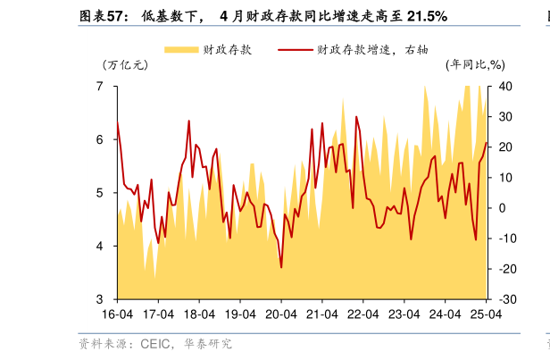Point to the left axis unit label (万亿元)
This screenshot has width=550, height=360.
125,64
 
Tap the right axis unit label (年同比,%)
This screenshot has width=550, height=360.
475,64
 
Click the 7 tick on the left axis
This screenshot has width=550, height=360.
100,87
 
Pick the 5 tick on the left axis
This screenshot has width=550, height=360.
100,193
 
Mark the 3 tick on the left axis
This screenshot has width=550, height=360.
100,299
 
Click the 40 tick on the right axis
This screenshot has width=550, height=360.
505,87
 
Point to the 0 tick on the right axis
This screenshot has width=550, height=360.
503,208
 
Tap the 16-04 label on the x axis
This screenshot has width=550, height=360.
117,315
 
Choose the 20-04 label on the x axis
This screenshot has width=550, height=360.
281,315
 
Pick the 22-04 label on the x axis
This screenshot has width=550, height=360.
362,315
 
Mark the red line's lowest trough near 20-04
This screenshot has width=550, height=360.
281,267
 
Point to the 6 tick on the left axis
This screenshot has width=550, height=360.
100,140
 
